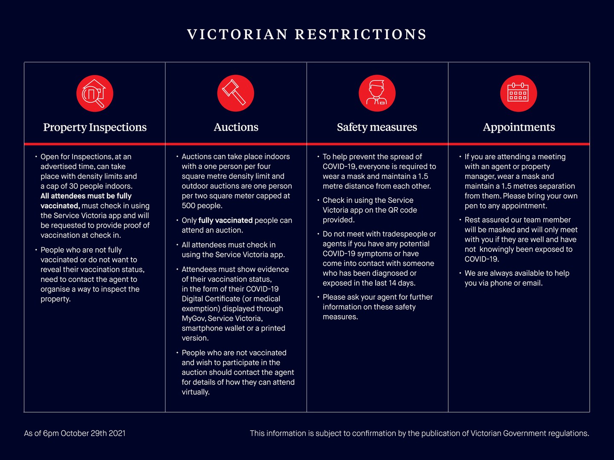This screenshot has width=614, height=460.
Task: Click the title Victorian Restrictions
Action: point(307,34)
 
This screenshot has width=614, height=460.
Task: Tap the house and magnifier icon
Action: point(95,93)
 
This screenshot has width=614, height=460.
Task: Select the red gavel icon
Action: point(235,93)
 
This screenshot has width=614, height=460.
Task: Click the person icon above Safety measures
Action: point(377,93)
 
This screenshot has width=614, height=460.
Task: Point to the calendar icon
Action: point(518,93)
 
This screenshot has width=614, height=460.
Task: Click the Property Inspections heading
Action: point(95,127)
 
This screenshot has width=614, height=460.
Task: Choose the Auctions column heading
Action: point(236,127)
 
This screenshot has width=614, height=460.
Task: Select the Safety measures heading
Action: point(377,127)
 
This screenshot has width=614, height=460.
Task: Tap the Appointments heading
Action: point(518,127)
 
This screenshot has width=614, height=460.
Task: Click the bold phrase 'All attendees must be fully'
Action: point(86,196)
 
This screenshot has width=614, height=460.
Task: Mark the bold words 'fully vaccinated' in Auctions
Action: point(226,220)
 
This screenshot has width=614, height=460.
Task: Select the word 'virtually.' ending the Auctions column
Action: point(196,392)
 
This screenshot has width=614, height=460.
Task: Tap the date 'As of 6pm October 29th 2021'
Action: point(75,434)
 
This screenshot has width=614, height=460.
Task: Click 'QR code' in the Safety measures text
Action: point(403,210)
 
